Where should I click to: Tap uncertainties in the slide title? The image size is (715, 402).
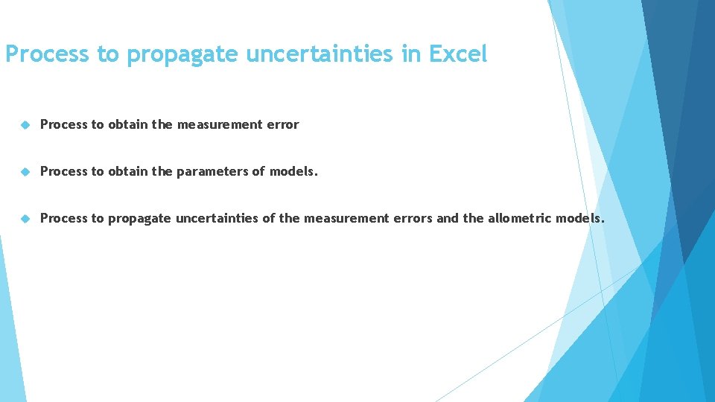pyautogui.click(x=325, y=54)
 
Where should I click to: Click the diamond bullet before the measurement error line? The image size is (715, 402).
pyautogui.click(x=25, y=125)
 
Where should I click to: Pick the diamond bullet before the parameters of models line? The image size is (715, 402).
pyautogui.click(x=25, y=172)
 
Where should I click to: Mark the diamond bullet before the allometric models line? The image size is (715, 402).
pyautogui.click(x=25, y=219)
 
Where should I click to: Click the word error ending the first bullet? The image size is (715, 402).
pyautogui.click(x=283, y=125)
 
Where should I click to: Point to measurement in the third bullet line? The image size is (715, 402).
pyautogui.click(x=346, y=219)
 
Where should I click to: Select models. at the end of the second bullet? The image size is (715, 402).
pyautogui.click(x=293, y=172)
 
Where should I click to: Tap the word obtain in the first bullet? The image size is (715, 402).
pyautogui.click(x=127, y=125)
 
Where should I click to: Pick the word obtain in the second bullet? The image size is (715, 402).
pyautogui.click(x=127, y=172)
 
